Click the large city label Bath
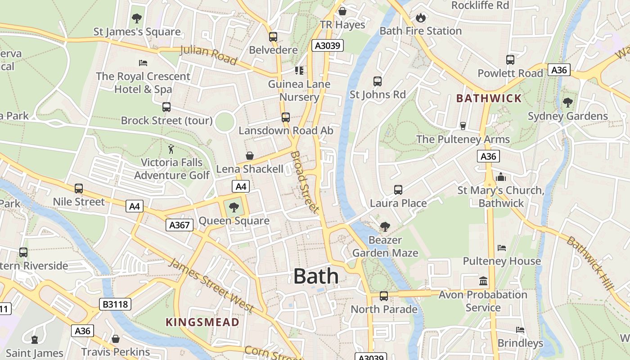click(x=316, y=276)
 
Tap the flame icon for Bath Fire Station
click(x=420, y=18)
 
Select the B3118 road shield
click(x=116, y=304)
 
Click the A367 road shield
click(x=180, y=225)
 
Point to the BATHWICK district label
click(x=489, y=98)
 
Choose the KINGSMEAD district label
click(x=202, y=322)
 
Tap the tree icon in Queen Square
click(x=234, y=207)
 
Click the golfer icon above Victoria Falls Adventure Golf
click(x=171, y=149)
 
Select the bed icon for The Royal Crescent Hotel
click(x=143, y=63)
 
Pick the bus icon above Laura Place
click(x=398, y=190)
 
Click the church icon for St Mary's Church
click(x=501, y=177)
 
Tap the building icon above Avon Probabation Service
click(x=483, y=281)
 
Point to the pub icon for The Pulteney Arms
click(x=463, y=126)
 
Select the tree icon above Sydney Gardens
click(x=567, y=103)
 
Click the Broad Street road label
click(x=305, y=182)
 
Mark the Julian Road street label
click(x=208, y=55)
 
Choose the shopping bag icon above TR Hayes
click(x=342, y=11)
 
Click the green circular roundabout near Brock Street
click(x=225, y=122)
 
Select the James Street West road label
click(x=211, y=286)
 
